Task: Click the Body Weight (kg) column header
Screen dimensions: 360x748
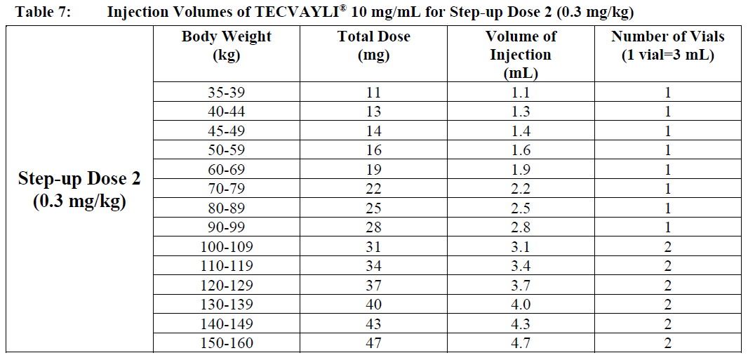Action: pyautogui.click(x=226, y=46)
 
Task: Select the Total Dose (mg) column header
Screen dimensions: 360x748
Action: pyautogui.click(x=373, y=46)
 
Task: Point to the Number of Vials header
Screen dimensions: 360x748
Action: pyautogui.click(x=667, y=46)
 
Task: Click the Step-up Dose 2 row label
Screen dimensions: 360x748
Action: pyautogui.click(x=79, y=189)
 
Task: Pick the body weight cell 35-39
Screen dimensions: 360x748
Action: pyautogui.click(x=226, y=92)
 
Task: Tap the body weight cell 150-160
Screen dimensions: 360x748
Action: pyautogui.click(x=226, y=342)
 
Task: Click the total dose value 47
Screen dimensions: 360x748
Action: pyautogui.click(x=373, y=342)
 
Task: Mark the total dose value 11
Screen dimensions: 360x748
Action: pyautogui.click(x=373, y=92)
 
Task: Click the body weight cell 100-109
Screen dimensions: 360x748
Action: pyautogui.click(x=226, y=246)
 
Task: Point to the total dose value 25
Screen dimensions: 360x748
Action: pyautogui.click(x=373, y=208)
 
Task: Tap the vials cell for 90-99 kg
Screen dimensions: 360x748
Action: pyautogui.click(x=667, y=227)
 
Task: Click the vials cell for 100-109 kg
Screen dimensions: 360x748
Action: pyautogui.click(x=667, y=246)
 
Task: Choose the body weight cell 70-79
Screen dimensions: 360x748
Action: pyautogui.click(x=226, y=189)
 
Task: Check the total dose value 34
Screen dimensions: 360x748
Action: pyautogui.click(x=373, y=266)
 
